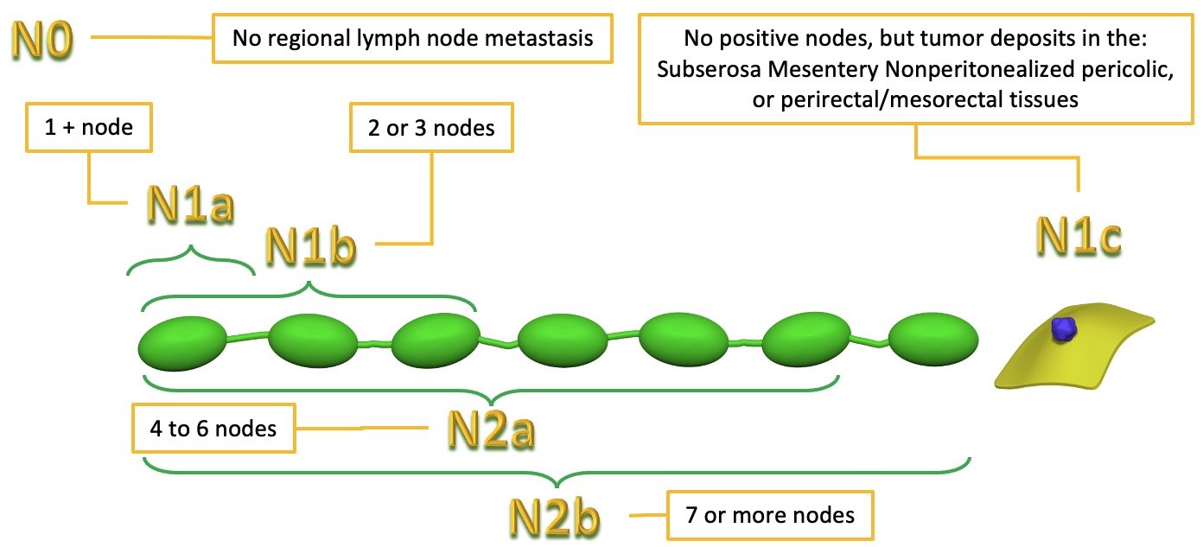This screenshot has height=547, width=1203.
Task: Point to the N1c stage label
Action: [1078, 236]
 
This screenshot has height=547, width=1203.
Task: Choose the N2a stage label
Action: [489, 429]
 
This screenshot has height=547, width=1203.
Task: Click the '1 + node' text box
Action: [89, 129]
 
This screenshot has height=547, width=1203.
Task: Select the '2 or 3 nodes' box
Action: [430, 128]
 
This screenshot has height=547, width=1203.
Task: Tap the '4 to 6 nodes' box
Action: [213, 427]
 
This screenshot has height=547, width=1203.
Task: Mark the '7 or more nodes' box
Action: [769, 515]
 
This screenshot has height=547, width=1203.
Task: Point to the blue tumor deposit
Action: [1065, 328]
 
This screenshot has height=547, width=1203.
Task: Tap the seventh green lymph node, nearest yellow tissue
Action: [934, 340]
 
